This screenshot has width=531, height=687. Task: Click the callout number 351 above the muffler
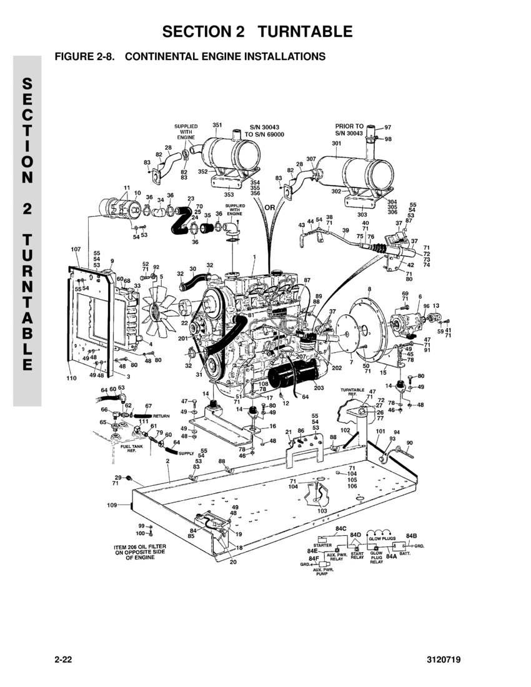tap(217, 125)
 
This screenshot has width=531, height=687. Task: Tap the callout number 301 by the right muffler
tap(336, 143)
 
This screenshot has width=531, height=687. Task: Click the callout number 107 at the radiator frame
tap(76, 249)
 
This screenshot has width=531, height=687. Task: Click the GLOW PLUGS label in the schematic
tap(382, 538)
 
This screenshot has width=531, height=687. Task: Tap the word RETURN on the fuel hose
tap(162, 415)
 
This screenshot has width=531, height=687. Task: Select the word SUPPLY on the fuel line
tap(186, 453)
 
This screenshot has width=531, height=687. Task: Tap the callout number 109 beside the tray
tap(112, 505)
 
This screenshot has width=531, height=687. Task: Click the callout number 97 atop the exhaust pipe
tap(387, 127)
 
